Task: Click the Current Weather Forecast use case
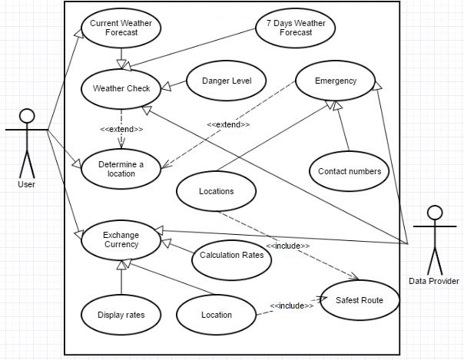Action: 121,28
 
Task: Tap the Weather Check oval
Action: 121,88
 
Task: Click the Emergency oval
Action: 335,81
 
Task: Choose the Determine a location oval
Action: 121,168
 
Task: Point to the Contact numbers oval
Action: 349,171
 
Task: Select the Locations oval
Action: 216,191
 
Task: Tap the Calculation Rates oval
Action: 232,256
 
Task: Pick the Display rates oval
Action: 121,314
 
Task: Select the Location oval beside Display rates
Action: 216,314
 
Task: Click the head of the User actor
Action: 27,117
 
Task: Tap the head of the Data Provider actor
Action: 435,213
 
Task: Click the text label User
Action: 26,184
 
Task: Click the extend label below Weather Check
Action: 121,129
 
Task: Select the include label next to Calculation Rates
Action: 288,246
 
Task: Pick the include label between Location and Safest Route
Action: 291,306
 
